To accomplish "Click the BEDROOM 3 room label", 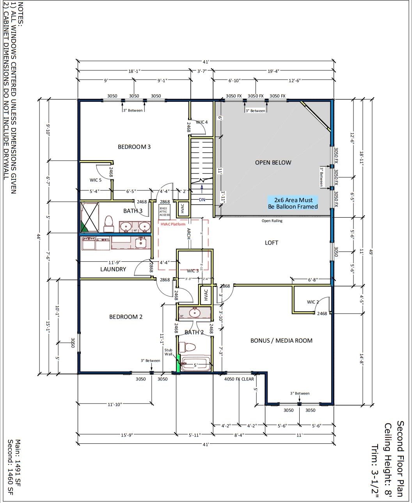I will click(134, 147).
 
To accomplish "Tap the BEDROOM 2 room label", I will click(126, 317).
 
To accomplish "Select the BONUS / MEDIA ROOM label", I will click(281, 341).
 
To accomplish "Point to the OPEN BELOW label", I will click(273, 163).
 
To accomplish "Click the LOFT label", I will click(272, 243).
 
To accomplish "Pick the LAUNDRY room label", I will click(113, 269).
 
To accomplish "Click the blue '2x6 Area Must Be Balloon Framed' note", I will click(293, 203).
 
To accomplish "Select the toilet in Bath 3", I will click(109, 223).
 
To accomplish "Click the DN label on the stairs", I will click(202, 199).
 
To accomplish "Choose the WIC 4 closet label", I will click(202, 122).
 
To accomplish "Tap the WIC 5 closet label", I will click(96, 180).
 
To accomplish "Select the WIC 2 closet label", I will click(313, 302).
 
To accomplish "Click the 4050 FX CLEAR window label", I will click(239, 379).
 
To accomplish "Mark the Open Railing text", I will click(272, 221).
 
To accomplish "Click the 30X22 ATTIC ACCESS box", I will click(165, 211).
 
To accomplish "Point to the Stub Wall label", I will click(168, 352).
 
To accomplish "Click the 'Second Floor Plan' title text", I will click(400, 459).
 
